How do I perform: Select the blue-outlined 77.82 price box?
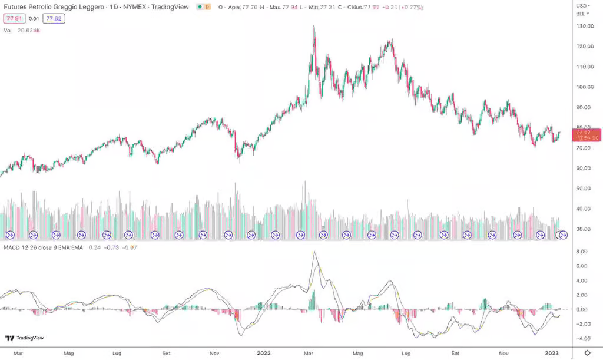click(54, 18)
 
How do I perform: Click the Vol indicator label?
click(8, 29)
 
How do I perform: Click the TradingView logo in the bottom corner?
click(24, 338)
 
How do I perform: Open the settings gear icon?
click(587, 352)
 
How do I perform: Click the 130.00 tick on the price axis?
click(585, 27)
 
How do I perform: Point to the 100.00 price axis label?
click(585, 87)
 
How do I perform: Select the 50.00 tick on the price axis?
click(585, 189)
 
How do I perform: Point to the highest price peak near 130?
click(313, 27)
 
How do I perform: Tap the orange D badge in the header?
click(208, 7)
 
